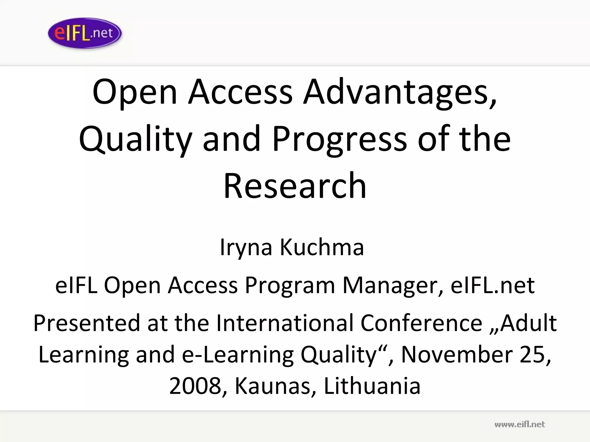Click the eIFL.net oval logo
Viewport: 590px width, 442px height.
tap(85, 33)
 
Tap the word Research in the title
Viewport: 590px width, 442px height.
tap(295, 185)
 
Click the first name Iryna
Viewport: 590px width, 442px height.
tap(246, 247)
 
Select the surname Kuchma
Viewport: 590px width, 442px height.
tap(322, 247)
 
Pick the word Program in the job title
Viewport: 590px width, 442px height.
tap(290, 285)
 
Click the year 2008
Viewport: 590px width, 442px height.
tap(195, 386)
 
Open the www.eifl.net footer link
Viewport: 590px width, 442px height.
tap(519, 424)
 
